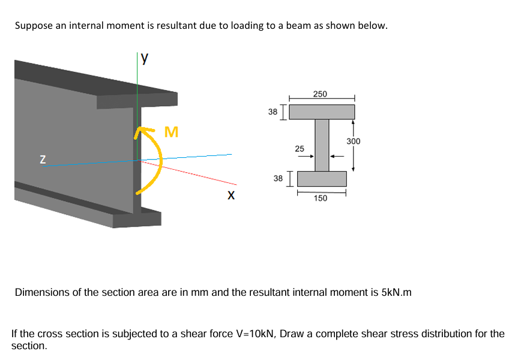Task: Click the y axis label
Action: coord(145,59)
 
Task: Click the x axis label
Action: coord(231,196)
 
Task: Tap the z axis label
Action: coord(43,160)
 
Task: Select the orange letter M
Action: coord(172,131)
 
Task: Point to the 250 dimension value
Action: coord(320,94)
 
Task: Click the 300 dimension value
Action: coord(353,141)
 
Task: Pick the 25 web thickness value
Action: coord(300,148)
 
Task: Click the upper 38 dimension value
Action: coord(273,112)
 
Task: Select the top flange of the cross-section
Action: coord(322,112)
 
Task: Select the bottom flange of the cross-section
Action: coord(321,178)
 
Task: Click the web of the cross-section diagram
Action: coord(322,145)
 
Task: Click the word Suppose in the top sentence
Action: coord(33,26)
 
